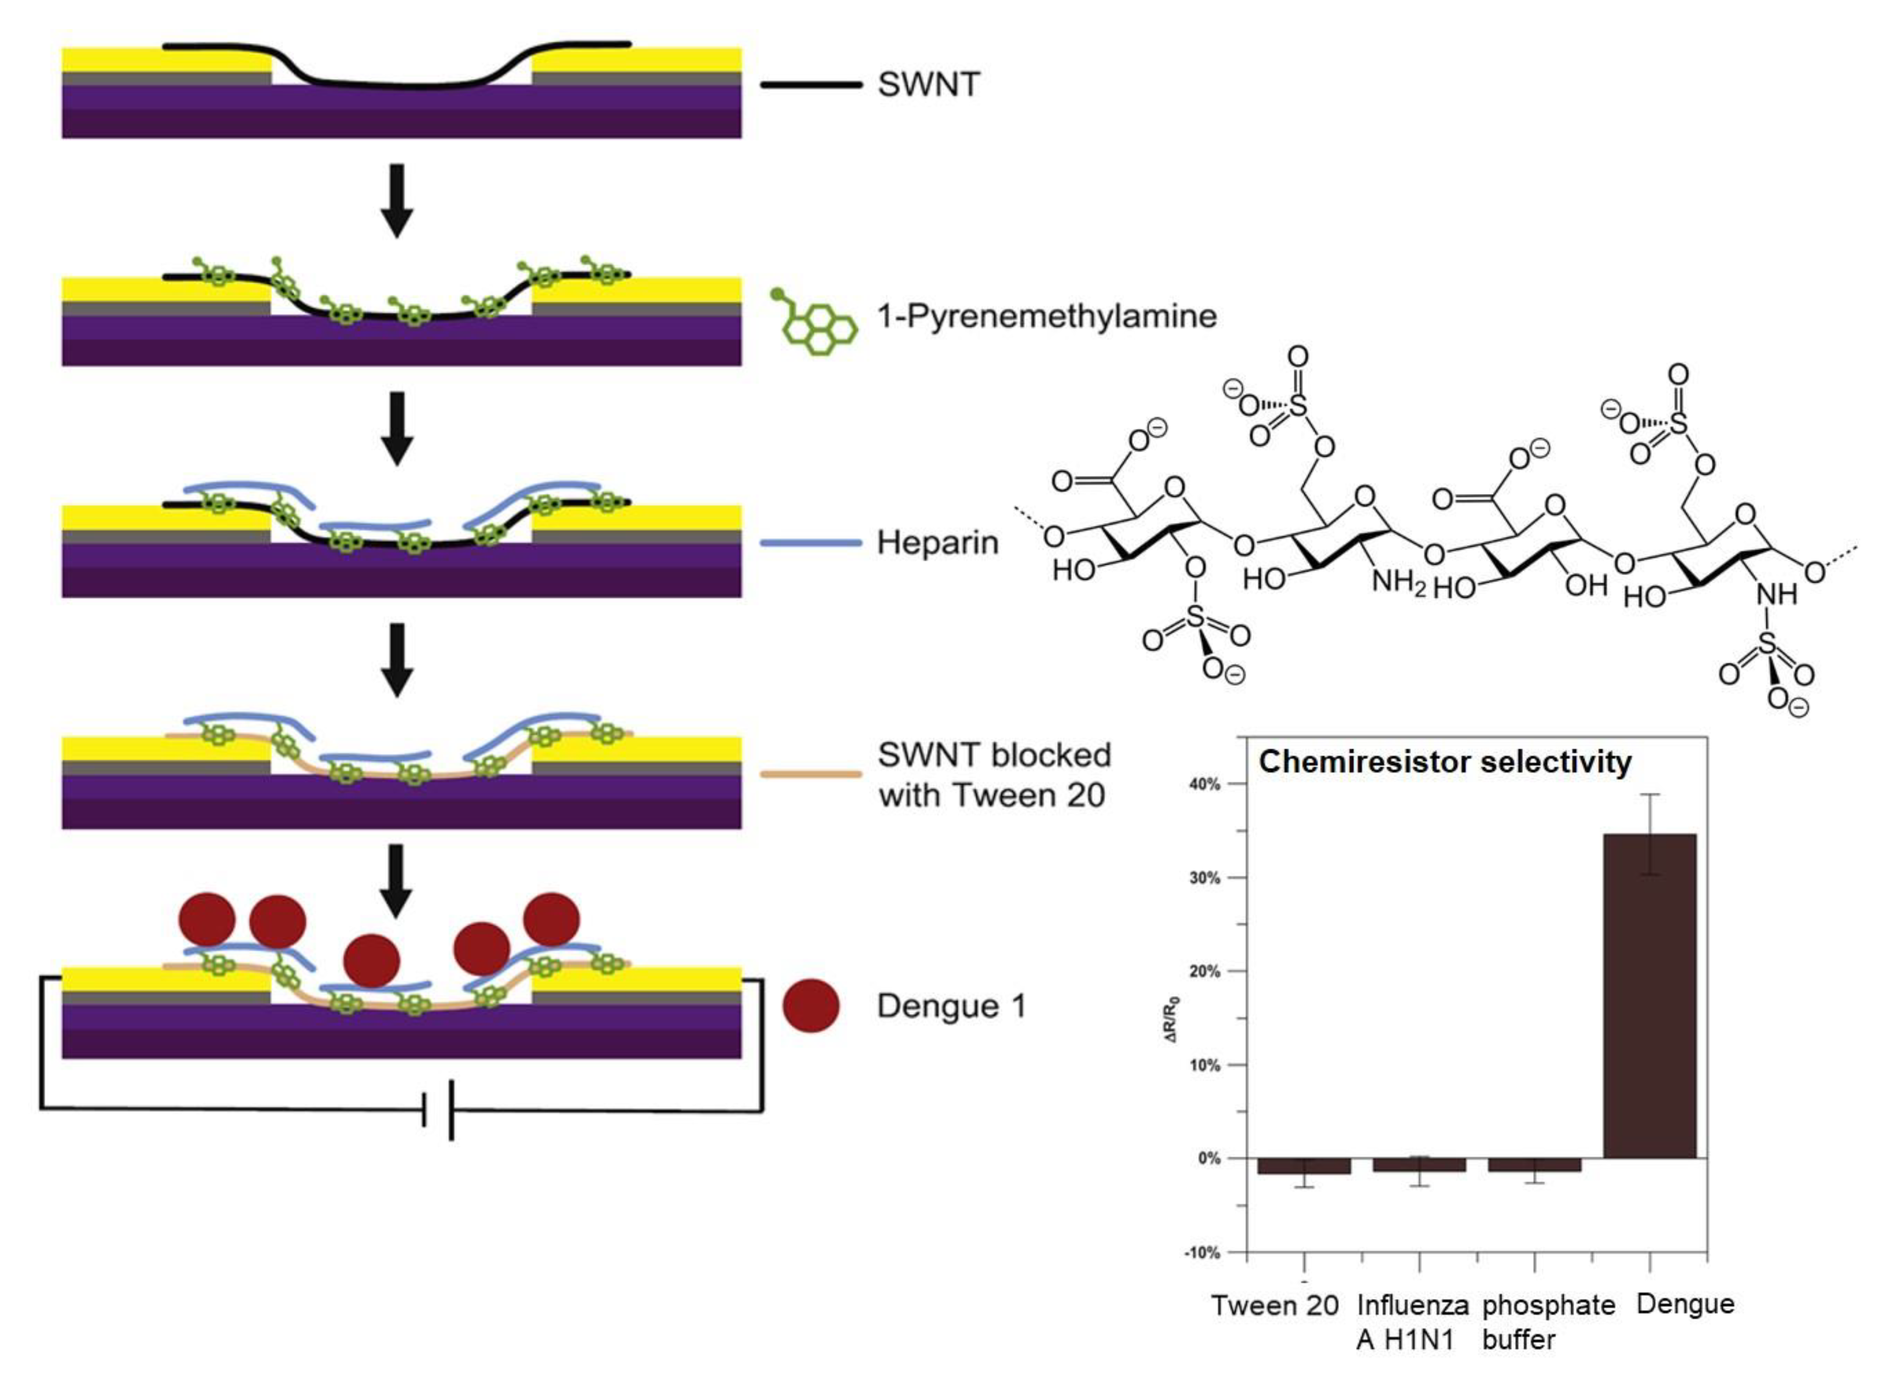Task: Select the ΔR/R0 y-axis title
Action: click(x=1173, y=1018)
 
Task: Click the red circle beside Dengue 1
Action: click(x=810, y=1006)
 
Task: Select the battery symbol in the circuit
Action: click(x=439, y=1110)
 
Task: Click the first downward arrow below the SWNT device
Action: click(x=396, y=200)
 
